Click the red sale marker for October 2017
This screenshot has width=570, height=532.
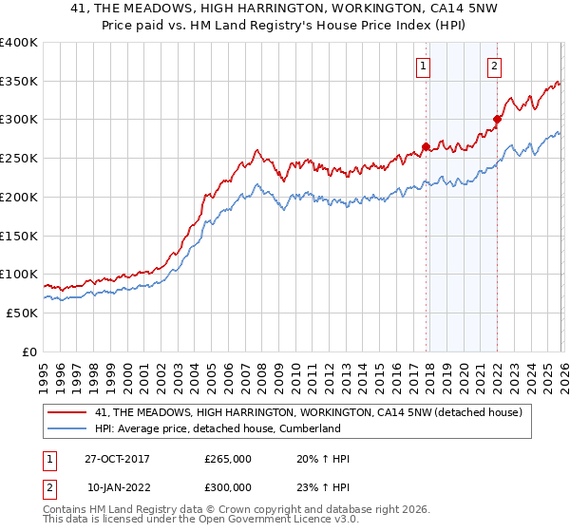coord(426,146)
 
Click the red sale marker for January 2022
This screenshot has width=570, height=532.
coord(497,119)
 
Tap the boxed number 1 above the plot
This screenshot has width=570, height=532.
coord(422,66)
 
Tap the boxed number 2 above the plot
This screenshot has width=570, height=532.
coord(495,66)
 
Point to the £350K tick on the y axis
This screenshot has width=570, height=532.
coord(19,82)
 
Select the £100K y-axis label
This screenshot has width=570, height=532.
coord(19,275)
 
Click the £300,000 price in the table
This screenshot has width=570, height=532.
coord(228,486)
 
